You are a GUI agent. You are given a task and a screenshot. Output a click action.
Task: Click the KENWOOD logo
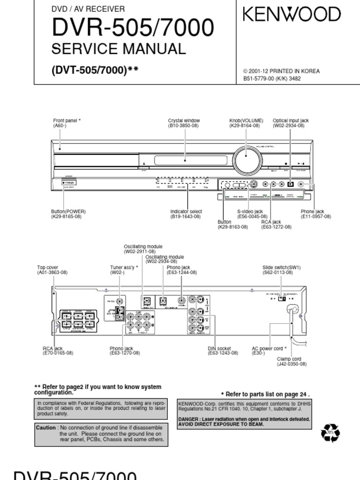coord(292,15)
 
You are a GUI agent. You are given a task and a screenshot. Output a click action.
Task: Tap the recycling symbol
coord(330,434)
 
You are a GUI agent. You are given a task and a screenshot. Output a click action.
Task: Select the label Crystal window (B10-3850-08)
coord(184,123)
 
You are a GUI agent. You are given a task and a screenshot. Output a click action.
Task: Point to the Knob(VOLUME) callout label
coord(246,123)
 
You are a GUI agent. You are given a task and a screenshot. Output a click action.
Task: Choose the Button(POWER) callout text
coord(68,214)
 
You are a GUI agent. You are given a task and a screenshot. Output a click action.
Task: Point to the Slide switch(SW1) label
coord(281,270)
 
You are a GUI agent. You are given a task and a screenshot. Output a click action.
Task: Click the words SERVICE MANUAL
coord(119,49)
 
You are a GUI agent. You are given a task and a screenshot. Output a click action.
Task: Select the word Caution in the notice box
coord(46,428)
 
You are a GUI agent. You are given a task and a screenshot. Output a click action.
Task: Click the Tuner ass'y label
coord(124,270)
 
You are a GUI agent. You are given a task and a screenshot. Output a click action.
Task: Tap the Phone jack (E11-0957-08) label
coord(315,214)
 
